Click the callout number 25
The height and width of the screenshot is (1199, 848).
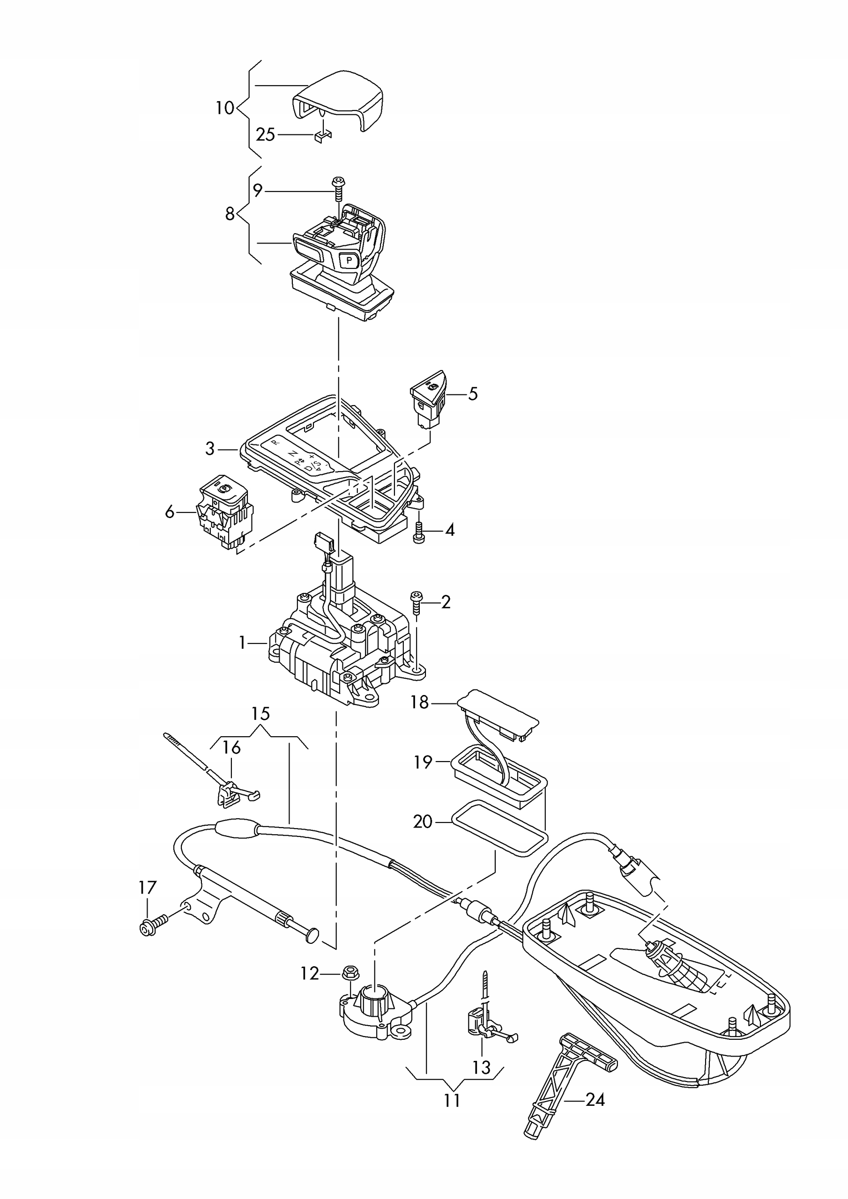(266, 135)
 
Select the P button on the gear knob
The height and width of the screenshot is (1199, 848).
(349, 259)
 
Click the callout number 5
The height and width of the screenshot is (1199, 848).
(472, 394)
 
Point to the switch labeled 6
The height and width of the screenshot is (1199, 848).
(225, 512)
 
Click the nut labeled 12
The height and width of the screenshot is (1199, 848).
(350, 972)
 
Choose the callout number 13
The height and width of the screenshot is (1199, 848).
(481, 1067)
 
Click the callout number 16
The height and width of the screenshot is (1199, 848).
(231, 748)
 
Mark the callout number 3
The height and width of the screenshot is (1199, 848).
(209, 449)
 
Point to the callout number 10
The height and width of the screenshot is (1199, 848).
(225, 108)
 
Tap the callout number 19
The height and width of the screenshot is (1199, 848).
(423, 762)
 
